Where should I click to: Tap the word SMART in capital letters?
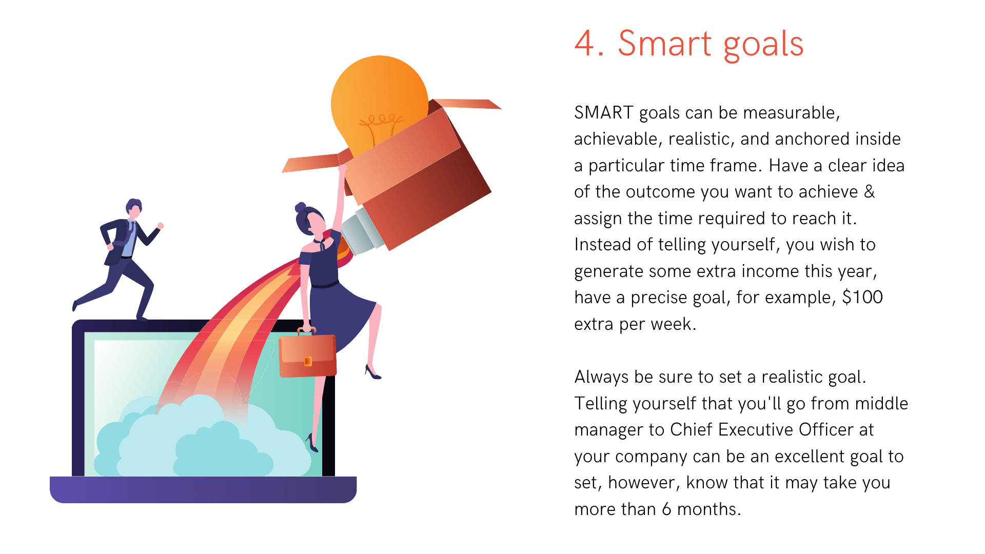click(x=604, y=112)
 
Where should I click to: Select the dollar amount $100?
click(x=862, y=297)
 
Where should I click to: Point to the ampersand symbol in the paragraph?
click(x=869, y=191)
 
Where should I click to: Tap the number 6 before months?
click(x=666, y=509)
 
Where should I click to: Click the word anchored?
click(x=808, y=138)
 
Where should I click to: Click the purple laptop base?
click(x=203, y=489)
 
